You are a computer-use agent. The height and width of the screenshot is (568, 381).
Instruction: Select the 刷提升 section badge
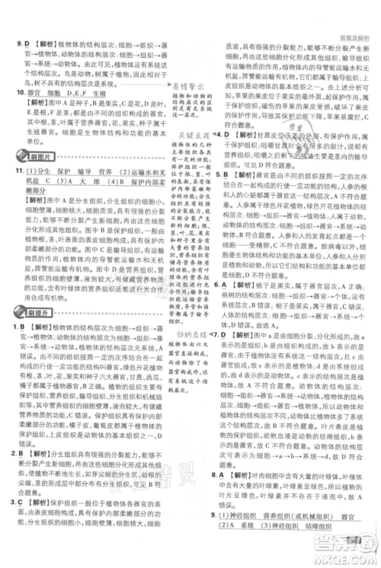pyautogui.click(x=34, y=311)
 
